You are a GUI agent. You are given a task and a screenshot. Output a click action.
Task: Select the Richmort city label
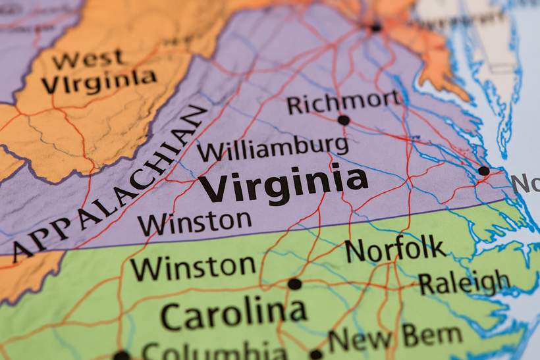[x=343, y=102]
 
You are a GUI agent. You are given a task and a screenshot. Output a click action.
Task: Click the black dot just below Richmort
[x=343, y=120]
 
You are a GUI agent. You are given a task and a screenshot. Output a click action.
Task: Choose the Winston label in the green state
[x=192, y=267]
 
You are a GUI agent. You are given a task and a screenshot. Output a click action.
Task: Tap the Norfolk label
[x=394, y=249]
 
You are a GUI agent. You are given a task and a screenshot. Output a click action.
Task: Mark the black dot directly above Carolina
[x=294, y=284]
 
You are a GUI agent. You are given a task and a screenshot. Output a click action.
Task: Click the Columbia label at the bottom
[x=214, y=350]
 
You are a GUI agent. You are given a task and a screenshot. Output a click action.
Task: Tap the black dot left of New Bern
[x=316, y=355]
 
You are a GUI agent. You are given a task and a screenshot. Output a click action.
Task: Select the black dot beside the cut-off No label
[x=484, y=171]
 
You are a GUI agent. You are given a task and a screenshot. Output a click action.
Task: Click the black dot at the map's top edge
[x=376, y=28]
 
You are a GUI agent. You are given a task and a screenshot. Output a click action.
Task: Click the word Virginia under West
[x=99, y=82]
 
